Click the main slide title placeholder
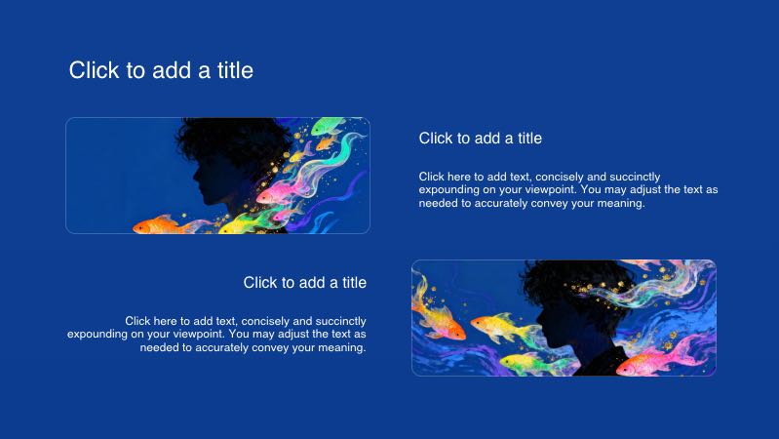coord(161,70)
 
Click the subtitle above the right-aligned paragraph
coord(304,283)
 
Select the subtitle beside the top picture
coord(480,139)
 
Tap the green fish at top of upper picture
coord(331,129)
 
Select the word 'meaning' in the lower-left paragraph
coord(340,347)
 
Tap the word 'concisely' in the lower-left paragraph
coord(267,321)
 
